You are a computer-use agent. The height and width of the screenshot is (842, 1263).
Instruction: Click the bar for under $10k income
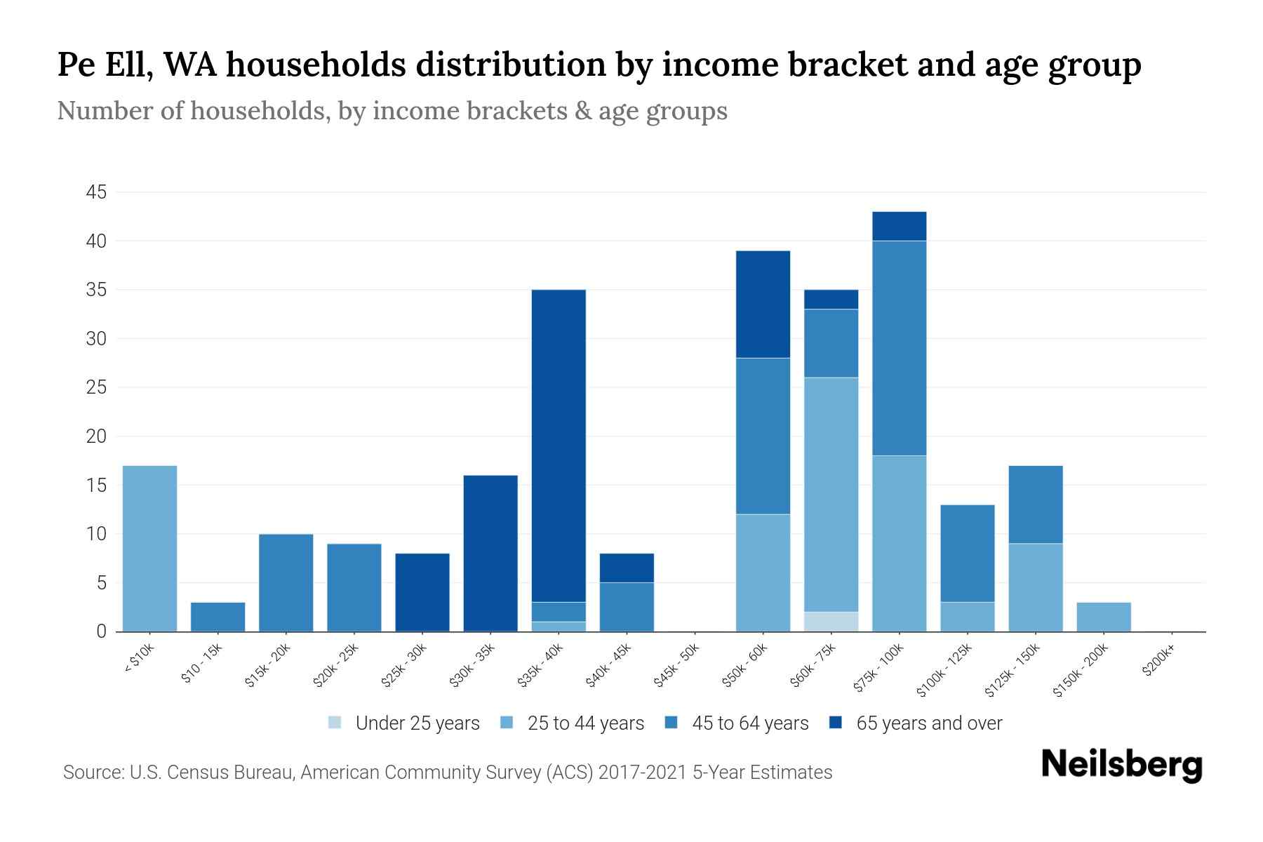pyautogui.click(x=149, y=548)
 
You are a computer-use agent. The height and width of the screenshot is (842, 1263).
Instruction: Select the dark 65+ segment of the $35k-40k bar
pyautogui.click(x=559, y=446)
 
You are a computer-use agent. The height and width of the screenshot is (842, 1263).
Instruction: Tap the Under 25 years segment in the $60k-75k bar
pyautogui.click(x=831, y=622)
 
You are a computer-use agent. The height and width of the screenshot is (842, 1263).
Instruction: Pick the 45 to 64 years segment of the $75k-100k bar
pyautogui.click(x=899, y=348)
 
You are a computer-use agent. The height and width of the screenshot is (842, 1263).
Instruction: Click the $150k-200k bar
pyautogui.click(x=1104, y=617)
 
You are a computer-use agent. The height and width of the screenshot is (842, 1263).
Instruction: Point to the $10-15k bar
pyautogui.click(x=218, y=617)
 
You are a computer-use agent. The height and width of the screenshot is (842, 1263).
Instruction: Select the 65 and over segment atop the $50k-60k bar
pyautogui.click(x=763, y=304)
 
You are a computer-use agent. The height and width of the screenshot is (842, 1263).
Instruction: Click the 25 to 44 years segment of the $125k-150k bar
pyautogui.click(x=1035, y=587)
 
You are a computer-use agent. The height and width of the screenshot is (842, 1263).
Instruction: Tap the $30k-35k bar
pyautogui.click(x=490, y=553)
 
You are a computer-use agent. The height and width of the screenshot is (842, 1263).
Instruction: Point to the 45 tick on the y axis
pyautogui.click(x=97, y=192)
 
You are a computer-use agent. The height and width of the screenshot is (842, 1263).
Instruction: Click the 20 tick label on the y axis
pyautogui.click(x=97, y=436)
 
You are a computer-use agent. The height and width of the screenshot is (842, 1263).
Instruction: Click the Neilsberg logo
pyautogui.click(x=1121, y=765)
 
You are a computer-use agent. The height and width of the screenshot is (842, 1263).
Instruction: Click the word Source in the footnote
pyautogui.click(x=92, y=773)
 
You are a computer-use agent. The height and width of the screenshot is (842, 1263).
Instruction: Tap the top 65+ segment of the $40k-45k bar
pyautogui.click(x=627, y=568)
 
